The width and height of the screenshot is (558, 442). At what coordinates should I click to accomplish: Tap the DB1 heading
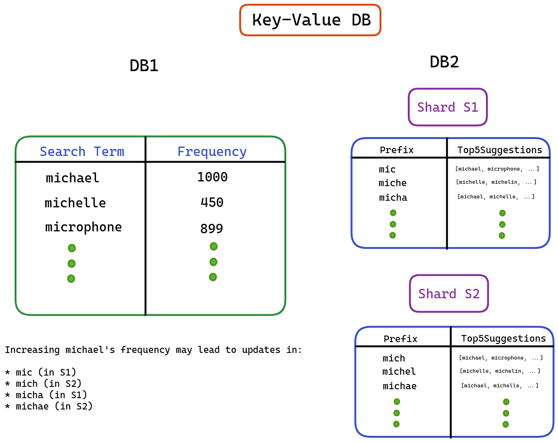pyautogui.click(x=144, y=66)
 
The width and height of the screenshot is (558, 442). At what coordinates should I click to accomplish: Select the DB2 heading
pyautogui.click(x=444, y=62)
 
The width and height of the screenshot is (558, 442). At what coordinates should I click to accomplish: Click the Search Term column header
pyautogui.click(x=82, y=152)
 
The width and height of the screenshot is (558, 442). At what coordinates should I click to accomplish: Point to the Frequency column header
pyautogui.click(x=212, y=152)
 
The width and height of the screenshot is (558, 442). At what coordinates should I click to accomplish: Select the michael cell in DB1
pyautogui.click(x=72, y=178)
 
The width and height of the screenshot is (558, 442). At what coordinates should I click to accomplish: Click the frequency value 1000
pyautogui.click(x=212, y=177)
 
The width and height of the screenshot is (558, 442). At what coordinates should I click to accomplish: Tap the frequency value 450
pyautogui.click(x=212, y=202)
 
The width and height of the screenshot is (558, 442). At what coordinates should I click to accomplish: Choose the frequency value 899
pyautogui.click(x=212, y=228)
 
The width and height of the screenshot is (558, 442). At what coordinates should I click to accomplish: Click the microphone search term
pyautogui.click(x=83, y=227)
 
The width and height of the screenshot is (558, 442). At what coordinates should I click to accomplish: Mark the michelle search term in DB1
pyautogui.click(x=75, y=203)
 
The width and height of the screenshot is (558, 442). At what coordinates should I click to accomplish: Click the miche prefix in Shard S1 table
pyautogui.click(x=393, y=183)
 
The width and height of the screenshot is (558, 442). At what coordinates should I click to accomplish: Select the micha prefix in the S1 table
pyautogui.click(x=393, y=197)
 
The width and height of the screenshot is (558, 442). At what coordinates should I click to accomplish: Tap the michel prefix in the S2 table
pyautogui.click(x=399, y=371)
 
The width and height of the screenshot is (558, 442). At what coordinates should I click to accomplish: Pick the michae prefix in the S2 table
pyautogui.click(x=400, y=386)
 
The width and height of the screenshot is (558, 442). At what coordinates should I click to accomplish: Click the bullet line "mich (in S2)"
pyautogui.click(x=43, y=384)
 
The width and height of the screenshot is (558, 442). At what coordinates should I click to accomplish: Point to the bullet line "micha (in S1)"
pyautogui.click(x=46, y=395)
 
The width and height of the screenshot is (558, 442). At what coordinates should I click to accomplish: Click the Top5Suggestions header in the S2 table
pyautogui.click(x=503, y=338)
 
